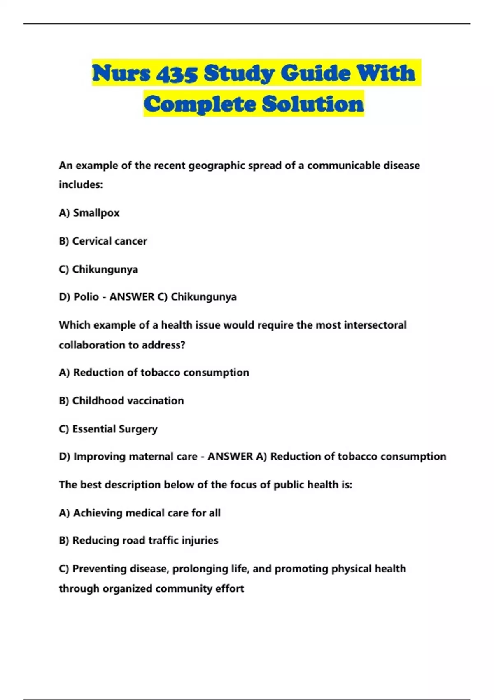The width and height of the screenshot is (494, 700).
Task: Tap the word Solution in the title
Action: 313,104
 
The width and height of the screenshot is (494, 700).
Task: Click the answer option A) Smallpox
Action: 89,213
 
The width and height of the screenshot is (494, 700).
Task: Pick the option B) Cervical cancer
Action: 103,241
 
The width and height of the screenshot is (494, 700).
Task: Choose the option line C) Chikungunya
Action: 98,269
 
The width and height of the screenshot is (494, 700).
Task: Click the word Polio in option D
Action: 86,297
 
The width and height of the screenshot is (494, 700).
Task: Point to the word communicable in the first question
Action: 344,166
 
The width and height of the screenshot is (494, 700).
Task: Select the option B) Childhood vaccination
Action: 121,401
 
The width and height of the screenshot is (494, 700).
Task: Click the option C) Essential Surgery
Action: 108,429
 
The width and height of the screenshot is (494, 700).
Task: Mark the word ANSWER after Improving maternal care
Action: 230,457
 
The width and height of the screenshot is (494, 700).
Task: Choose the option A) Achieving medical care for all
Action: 140,513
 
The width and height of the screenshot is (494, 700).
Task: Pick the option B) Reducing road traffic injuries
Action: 139,540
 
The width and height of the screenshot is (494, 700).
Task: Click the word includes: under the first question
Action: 81,184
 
